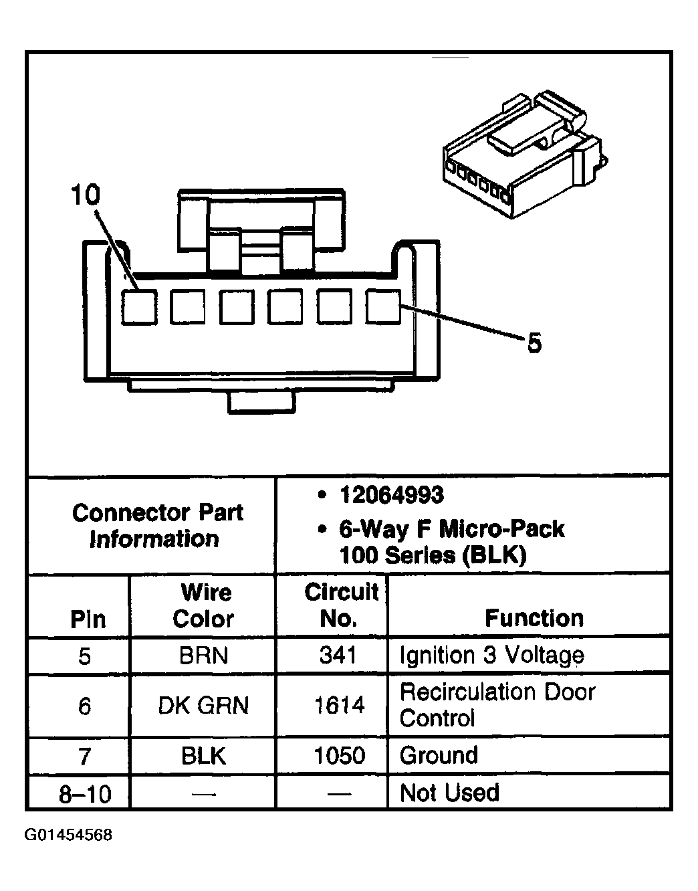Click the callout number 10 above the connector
tap(86, 195)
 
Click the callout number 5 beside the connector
tap(534, 344)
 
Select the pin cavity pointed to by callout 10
tap(139, 307)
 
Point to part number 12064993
tap(391, 495)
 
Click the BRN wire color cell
tap(203, 656)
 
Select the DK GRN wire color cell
tap(203, 705)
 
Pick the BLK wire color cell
tap(203, 756)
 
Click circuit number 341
tap(338, 656)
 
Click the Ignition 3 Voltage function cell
tap(491, 656)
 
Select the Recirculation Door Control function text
tap(497, 704)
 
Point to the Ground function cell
tap(439, 756)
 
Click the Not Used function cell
tap(449, 793)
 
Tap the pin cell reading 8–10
tap(85, 794)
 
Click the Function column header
tap(534, 618)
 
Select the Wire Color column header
tap(204, 605)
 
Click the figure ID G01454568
tap(68, 835)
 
